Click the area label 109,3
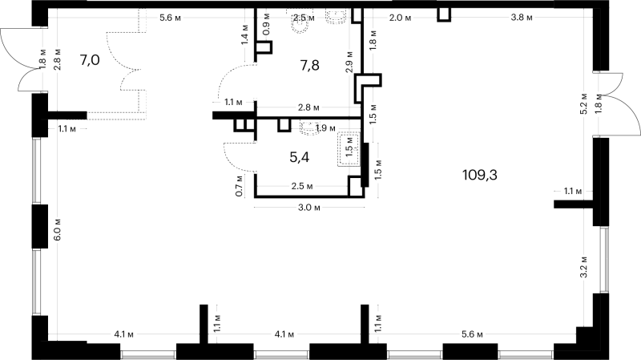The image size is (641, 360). tap(479, 175)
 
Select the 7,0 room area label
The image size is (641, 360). tap(90, 60)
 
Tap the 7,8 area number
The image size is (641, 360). tap(309, 65)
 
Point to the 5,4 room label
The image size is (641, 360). tap(299, 157)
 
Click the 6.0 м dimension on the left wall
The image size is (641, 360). tap(57, 229)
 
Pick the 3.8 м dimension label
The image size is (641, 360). tap(522, 18)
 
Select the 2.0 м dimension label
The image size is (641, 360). tap(401, 18)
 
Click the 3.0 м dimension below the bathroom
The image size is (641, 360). tap(309, 208)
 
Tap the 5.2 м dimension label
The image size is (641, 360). tap(584, 103)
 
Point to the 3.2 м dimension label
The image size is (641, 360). tap(584, 267)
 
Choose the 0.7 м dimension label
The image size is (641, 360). tap(240, 186)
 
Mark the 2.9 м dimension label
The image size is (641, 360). tap(349, 63)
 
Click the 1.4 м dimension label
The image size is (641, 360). tap(244, 34)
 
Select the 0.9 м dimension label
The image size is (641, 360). tap(266, 24)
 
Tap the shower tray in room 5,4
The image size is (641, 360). tap(349, 148)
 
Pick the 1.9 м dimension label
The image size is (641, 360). tap(326, 128)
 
